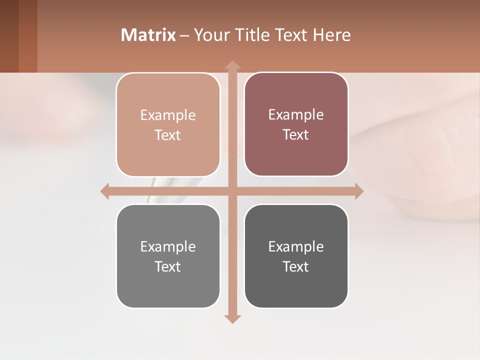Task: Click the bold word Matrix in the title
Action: (148, 35)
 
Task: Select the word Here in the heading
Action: (332, 35)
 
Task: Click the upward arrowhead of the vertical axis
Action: (232, 64)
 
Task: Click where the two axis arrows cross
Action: (232, 191)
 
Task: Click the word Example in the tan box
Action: (168, 115)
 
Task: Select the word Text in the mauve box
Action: (296, 135)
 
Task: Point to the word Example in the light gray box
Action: (168, 247)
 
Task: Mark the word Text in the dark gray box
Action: (296, 266)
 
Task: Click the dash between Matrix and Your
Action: (184, 35)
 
